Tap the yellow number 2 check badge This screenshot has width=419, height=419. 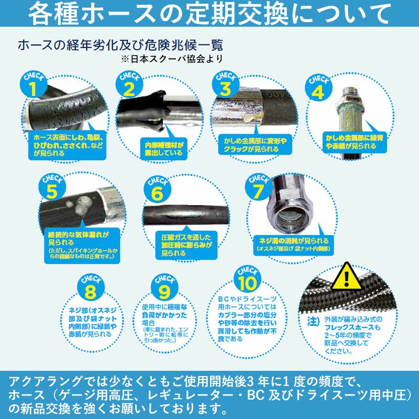[128, 86]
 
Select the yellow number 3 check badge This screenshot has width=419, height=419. [225, 85]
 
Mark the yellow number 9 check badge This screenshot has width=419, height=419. [163, 288]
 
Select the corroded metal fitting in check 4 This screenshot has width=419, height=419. [347, 113]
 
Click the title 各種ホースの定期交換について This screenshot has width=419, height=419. [210, 14]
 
